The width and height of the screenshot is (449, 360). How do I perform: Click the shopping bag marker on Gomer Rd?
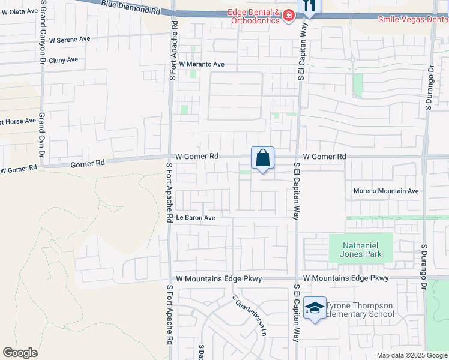point(262,158)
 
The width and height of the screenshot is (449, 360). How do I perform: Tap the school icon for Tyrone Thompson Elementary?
point(315,308)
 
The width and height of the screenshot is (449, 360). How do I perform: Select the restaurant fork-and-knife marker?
point(310,5)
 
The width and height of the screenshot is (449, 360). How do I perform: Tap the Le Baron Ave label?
point(195,217)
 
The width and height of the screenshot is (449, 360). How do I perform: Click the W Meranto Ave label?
point(203,64)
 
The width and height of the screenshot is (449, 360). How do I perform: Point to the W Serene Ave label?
point(70,39)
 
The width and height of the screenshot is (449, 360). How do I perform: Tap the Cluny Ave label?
point(64,60)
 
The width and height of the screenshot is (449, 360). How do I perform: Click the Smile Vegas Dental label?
point(413,19)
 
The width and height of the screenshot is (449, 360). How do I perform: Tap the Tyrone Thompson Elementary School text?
point(360,310)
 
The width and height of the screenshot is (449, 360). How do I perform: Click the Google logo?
point(20,353)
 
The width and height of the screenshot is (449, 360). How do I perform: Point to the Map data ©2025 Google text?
point(412,355)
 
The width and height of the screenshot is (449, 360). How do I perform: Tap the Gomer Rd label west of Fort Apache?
point(88,163)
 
